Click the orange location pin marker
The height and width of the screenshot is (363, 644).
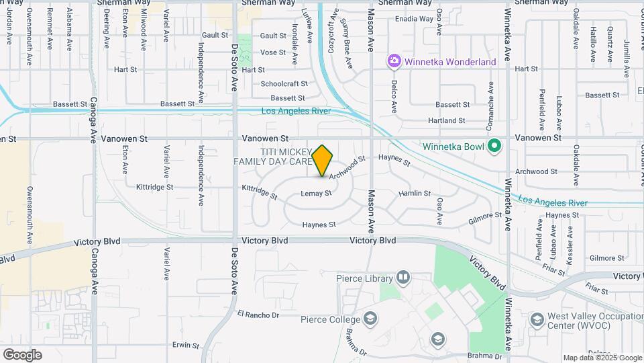point(323,160)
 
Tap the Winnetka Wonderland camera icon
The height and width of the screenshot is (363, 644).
point(394,62)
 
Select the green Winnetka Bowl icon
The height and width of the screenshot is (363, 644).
point(494,145)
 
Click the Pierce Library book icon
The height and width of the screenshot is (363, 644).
point(403,277)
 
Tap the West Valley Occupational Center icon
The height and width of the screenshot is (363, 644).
point(536,319)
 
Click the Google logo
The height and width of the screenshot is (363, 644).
point(22,354)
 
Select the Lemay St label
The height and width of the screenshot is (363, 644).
point(316,194)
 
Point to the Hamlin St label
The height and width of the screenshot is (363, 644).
point(414,194)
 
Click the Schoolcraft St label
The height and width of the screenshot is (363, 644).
point(284,84)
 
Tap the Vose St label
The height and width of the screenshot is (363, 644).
point(273,52)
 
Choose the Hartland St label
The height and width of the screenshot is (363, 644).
point(447,121)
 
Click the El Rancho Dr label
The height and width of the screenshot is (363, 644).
point(258,315)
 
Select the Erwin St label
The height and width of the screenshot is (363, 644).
point(185,345)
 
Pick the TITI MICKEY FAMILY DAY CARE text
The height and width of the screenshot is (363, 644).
point(273,157)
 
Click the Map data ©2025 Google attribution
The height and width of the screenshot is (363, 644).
point(602,358)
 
